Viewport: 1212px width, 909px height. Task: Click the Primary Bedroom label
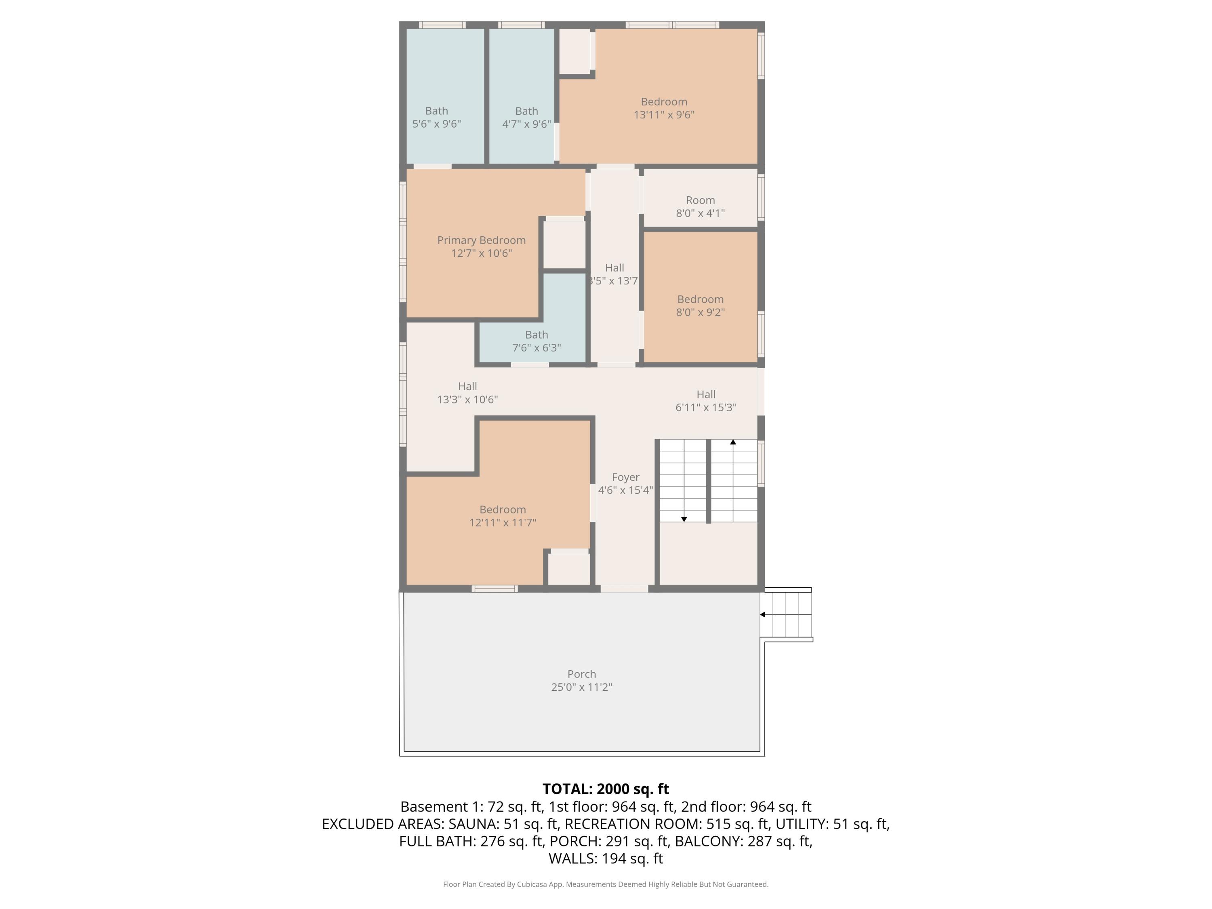click(x=481, y=240)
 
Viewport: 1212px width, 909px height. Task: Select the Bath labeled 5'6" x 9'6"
click(x=436, y=117)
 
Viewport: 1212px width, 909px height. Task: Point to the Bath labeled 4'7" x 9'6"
click(x=526, y=117)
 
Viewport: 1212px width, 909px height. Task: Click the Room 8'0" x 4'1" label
click(x=700, y=206)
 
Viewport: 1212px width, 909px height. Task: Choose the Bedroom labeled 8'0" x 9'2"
click(x=700, y=306)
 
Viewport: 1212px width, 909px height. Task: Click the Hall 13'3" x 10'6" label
click(x=467, y=393)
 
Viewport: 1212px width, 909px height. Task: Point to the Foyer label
click(x=625, y=477)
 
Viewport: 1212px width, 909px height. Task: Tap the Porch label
click(x=581, y=674)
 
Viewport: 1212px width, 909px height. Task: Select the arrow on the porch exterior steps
click(x=763, y=614)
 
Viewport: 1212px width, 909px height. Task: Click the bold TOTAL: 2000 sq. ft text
click(x=606, y=789)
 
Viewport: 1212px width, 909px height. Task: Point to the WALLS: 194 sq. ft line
click(x=606, y=858)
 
